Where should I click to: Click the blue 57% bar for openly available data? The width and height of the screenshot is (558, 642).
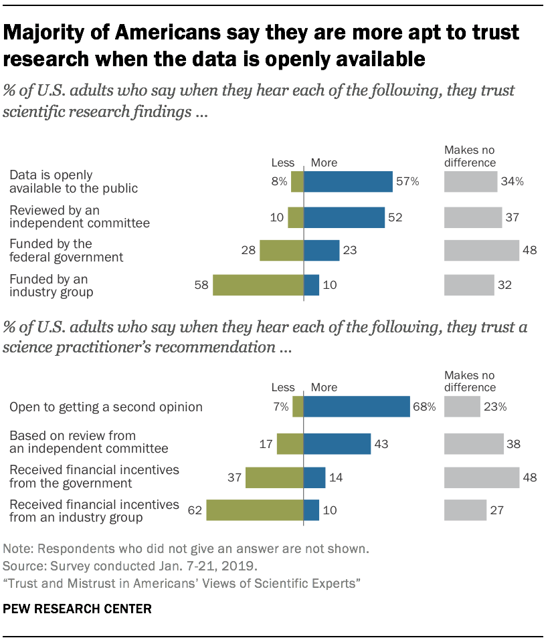(x=348, y=182)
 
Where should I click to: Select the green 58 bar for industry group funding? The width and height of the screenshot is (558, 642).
(x=258, y=285)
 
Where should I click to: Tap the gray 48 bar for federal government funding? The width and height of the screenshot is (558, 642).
(x=482, y=250)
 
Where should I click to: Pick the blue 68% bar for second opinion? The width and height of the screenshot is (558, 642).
(x=357, y=407)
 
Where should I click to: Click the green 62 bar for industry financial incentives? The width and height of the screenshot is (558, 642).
(x=255, y=510)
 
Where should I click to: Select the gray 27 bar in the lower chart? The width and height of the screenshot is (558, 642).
(x=465, y=510)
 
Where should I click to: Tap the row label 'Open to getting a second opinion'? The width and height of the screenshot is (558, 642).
(x=106, y=407)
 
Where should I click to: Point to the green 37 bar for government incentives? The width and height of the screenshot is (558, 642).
(x=274, y=477)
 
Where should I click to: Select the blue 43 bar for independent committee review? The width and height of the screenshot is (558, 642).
(x=337, y=443)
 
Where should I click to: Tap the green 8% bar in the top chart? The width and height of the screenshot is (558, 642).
(x=298, y=182)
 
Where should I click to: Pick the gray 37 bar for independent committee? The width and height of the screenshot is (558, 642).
(x=473, y=217)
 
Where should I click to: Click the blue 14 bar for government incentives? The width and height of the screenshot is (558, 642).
(x=314, y=477)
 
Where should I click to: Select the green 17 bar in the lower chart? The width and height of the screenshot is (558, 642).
(x=290, y=443)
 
